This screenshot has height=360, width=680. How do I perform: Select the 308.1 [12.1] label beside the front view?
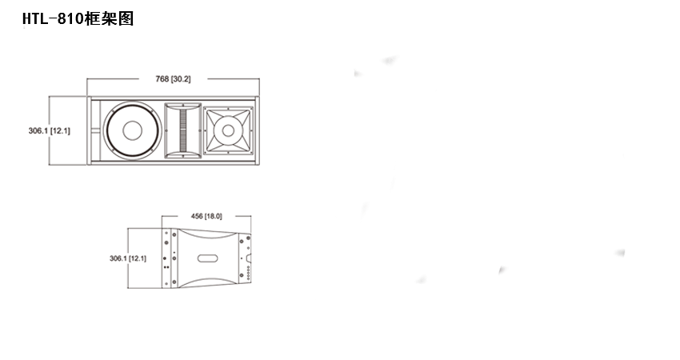click(x=50, y=130)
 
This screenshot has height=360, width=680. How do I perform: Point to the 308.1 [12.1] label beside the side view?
click(x=127, y=258)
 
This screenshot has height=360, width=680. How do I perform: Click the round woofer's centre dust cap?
click(x=129, y=131)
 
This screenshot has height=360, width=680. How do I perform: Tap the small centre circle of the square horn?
click(x=227, y=128)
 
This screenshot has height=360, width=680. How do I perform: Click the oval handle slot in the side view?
click(x=206, y=258)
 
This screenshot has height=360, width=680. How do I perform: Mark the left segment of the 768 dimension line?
click(x=120, y=79)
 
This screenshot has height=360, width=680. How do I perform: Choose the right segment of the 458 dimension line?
click(x=236, y=217)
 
